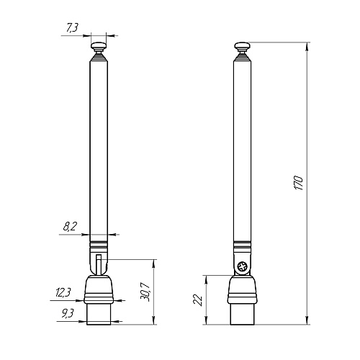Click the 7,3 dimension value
click(x=72, y=28)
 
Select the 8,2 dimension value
click(x=71, y=227)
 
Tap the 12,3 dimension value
click(x=63, y=292)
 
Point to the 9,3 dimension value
click(x=68, y=312)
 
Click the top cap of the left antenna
click(x=99, y=48)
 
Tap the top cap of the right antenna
click(x=243, y=48)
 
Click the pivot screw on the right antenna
click(x=243, y=267)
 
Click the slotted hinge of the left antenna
click(x=99, y=262)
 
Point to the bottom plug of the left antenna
click(x=99, y=315)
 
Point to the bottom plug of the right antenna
click(x=243, y=315)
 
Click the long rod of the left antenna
click(x=99, y=144)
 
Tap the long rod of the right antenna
click(x=243, y=144)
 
